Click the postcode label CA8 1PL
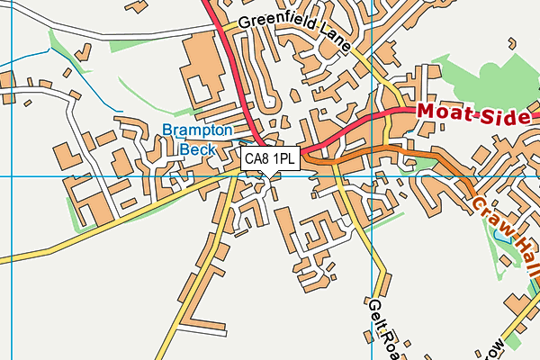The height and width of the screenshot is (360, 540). tap(270, 159)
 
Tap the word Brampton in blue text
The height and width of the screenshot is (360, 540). tap(197, 130)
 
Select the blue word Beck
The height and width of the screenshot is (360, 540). tap(197, 149)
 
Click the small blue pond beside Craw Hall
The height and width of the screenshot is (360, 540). tap(500, 238)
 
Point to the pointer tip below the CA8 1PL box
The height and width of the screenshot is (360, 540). tap(270, 175)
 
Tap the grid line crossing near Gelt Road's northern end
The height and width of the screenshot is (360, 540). tap(373, 176)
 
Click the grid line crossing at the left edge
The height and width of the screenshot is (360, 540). tap(11, 176)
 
